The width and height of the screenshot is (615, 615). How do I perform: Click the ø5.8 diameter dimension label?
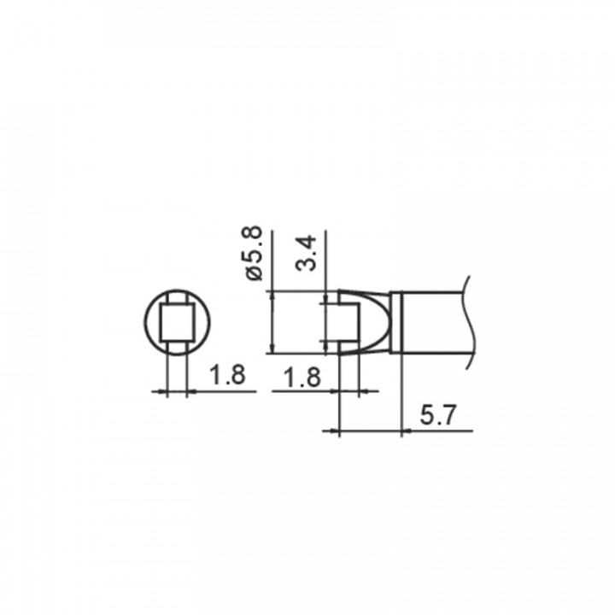254,253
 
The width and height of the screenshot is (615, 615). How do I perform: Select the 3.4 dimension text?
306,253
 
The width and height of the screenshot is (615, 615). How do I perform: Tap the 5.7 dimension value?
438,415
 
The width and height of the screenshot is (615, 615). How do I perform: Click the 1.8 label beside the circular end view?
227,374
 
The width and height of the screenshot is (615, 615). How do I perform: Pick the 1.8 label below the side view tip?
302,378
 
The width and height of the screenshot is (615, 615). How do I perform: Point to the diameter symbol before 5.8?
255,273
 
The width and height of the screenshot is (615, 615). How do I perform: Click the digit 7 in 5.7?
448,415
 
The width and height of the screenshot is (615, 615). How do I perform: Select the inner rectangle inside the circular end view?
177,322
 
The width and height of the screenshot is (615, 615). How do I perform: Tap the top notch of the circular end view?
177,297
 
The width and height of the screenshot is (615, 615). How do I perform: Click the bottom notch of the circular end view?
177,347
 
